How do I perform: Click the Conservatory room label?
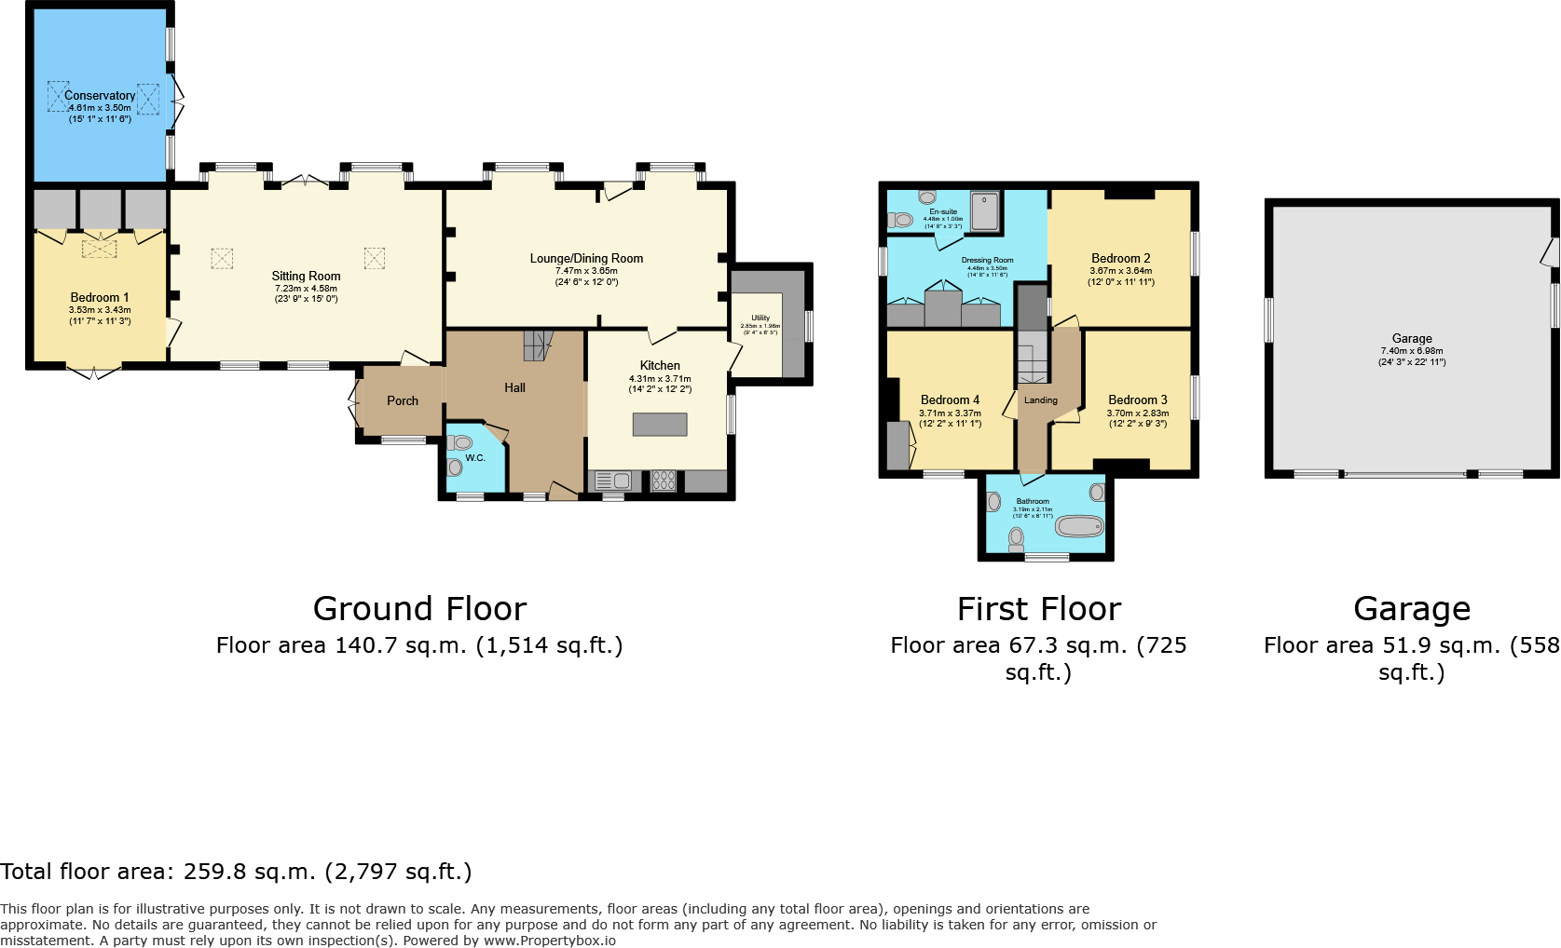pos(100,96)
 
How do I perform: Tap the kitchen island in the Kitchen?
pos(660,425)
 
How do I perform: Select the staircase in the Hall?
pos(537,345)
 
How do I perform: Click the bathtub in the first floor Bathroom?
pos(1079,527)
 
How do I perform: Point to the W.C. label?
pos(475,458)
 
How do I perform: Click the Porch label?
pos(403,401)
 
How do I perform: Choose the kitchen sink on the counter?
pos(612,481)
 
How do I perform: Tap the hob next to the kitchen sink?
pos(664,481)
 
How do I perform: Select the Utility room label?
pos(760,318)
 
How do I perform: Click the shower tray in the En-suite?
pos(984,211)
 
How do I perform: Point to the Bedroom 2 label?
pos(1120,259)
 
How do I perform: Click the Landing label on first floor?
pos(1040,400)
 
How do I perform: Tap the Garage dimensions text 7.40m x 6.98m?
pos(1411,351)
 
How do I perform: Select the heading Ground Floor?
pos(419,609)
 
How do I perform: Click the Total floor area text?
pos(236,873)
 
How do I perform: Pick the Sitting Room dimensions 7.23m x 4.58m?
pos(306,289)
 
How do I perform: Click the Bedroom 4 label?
pos(950,400)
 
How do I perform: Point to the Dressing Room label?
pos(987,261)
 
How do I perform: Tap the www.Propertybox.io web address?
pos(549,941)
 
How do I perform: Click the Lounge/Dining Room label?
pos(586,259)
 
